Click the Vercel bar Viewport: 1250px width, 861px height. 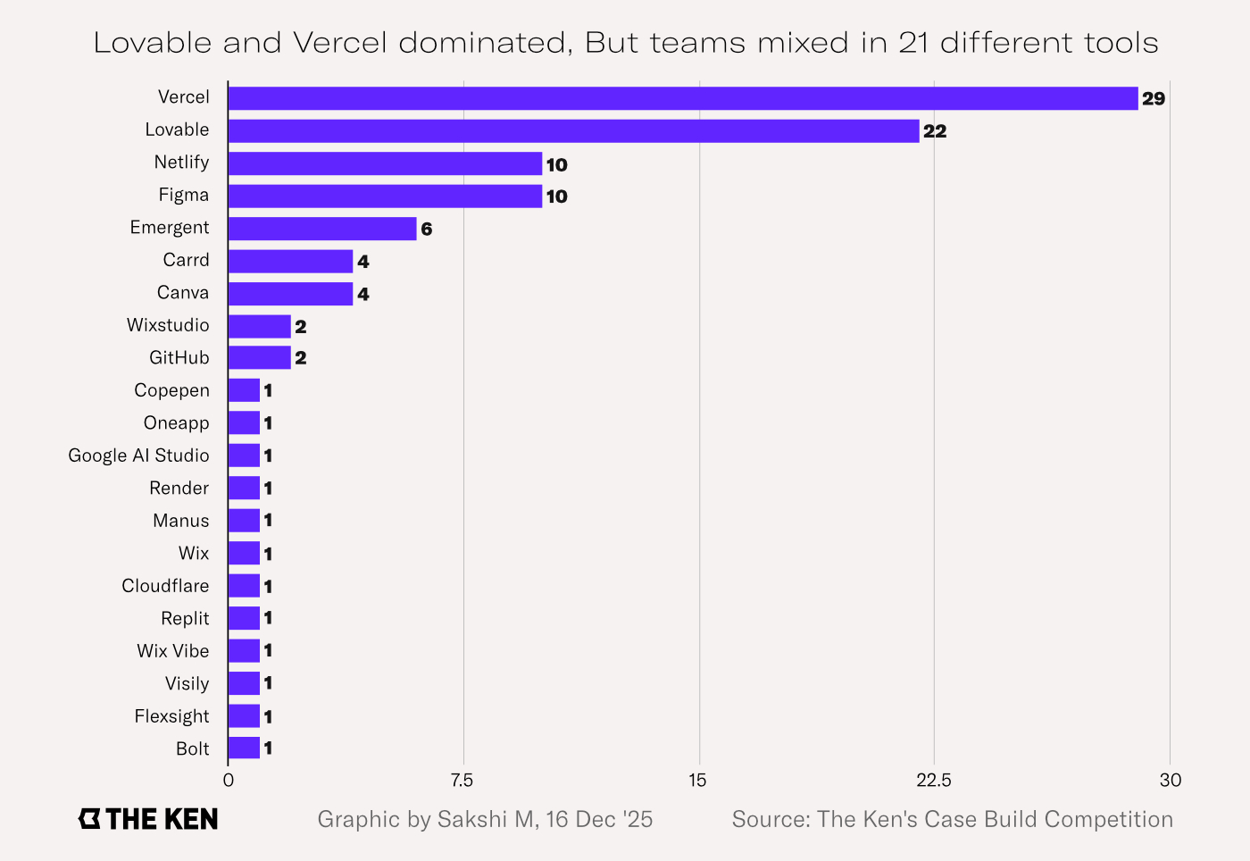click(x=683, y=98)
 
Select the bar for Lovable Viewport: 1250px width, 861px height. click(x=573, y=131)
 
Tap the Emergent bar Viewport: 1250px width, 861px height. click(x=322, y=229)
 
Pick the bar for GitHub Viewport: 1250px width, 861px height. click(x=260, y=358)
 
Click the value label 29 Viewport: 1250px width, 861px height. click(x=1154, y=99)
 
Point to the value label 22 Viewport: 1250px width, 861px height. click(x=935, y=131)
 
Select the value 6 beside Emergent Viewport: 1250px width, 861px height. click(x=427, y=230)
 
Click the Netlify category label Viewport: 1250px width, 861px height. click(x=181, y=163)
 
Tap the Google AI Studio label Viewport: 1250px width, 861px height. click(x=139, y=456)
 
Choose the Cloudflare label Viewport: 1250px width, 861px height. click(x=166, y=586)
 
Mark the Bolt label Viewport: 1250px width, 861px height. click(x=193, y=749)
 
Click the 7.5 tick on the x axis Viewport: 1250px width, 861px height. click(x=462, y=781)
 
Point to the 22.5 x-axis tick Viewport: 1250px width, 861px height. click(x=934, y=781)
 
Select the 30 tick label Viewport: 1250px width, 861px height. click(x=1171, y=781)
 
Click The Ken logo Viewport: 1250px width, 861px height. click(x=148, y=819)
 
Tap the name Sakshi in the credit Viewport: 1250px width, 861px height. click(x=473, y=820)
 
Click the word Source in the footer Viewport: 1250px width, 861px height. click(x=770, y=820)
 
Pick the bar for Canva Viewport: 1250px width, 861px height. click(x=290, y=294)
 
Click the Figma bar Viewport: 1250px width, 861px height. click(x=385, y=196)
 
